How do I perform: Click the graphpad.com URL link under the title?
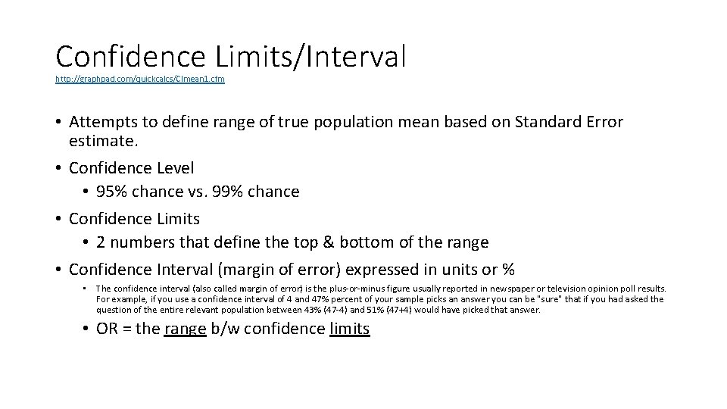point(140,79)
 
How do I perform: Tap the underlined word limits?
point(350,329)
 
